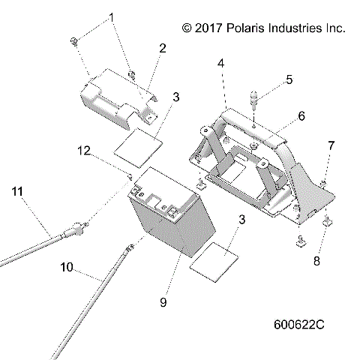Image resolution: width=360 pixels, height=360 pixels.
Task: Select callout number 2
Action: click(x=162, y=49)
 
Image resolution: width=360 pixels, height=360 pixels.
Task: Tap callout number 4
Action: click(x=220, y=64)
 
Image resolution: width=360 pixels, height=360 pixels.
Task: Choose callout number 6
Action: click(x=301, y=116)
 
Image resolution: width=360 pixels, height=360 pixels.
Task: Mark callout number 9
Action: click(x=163, y=303)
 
